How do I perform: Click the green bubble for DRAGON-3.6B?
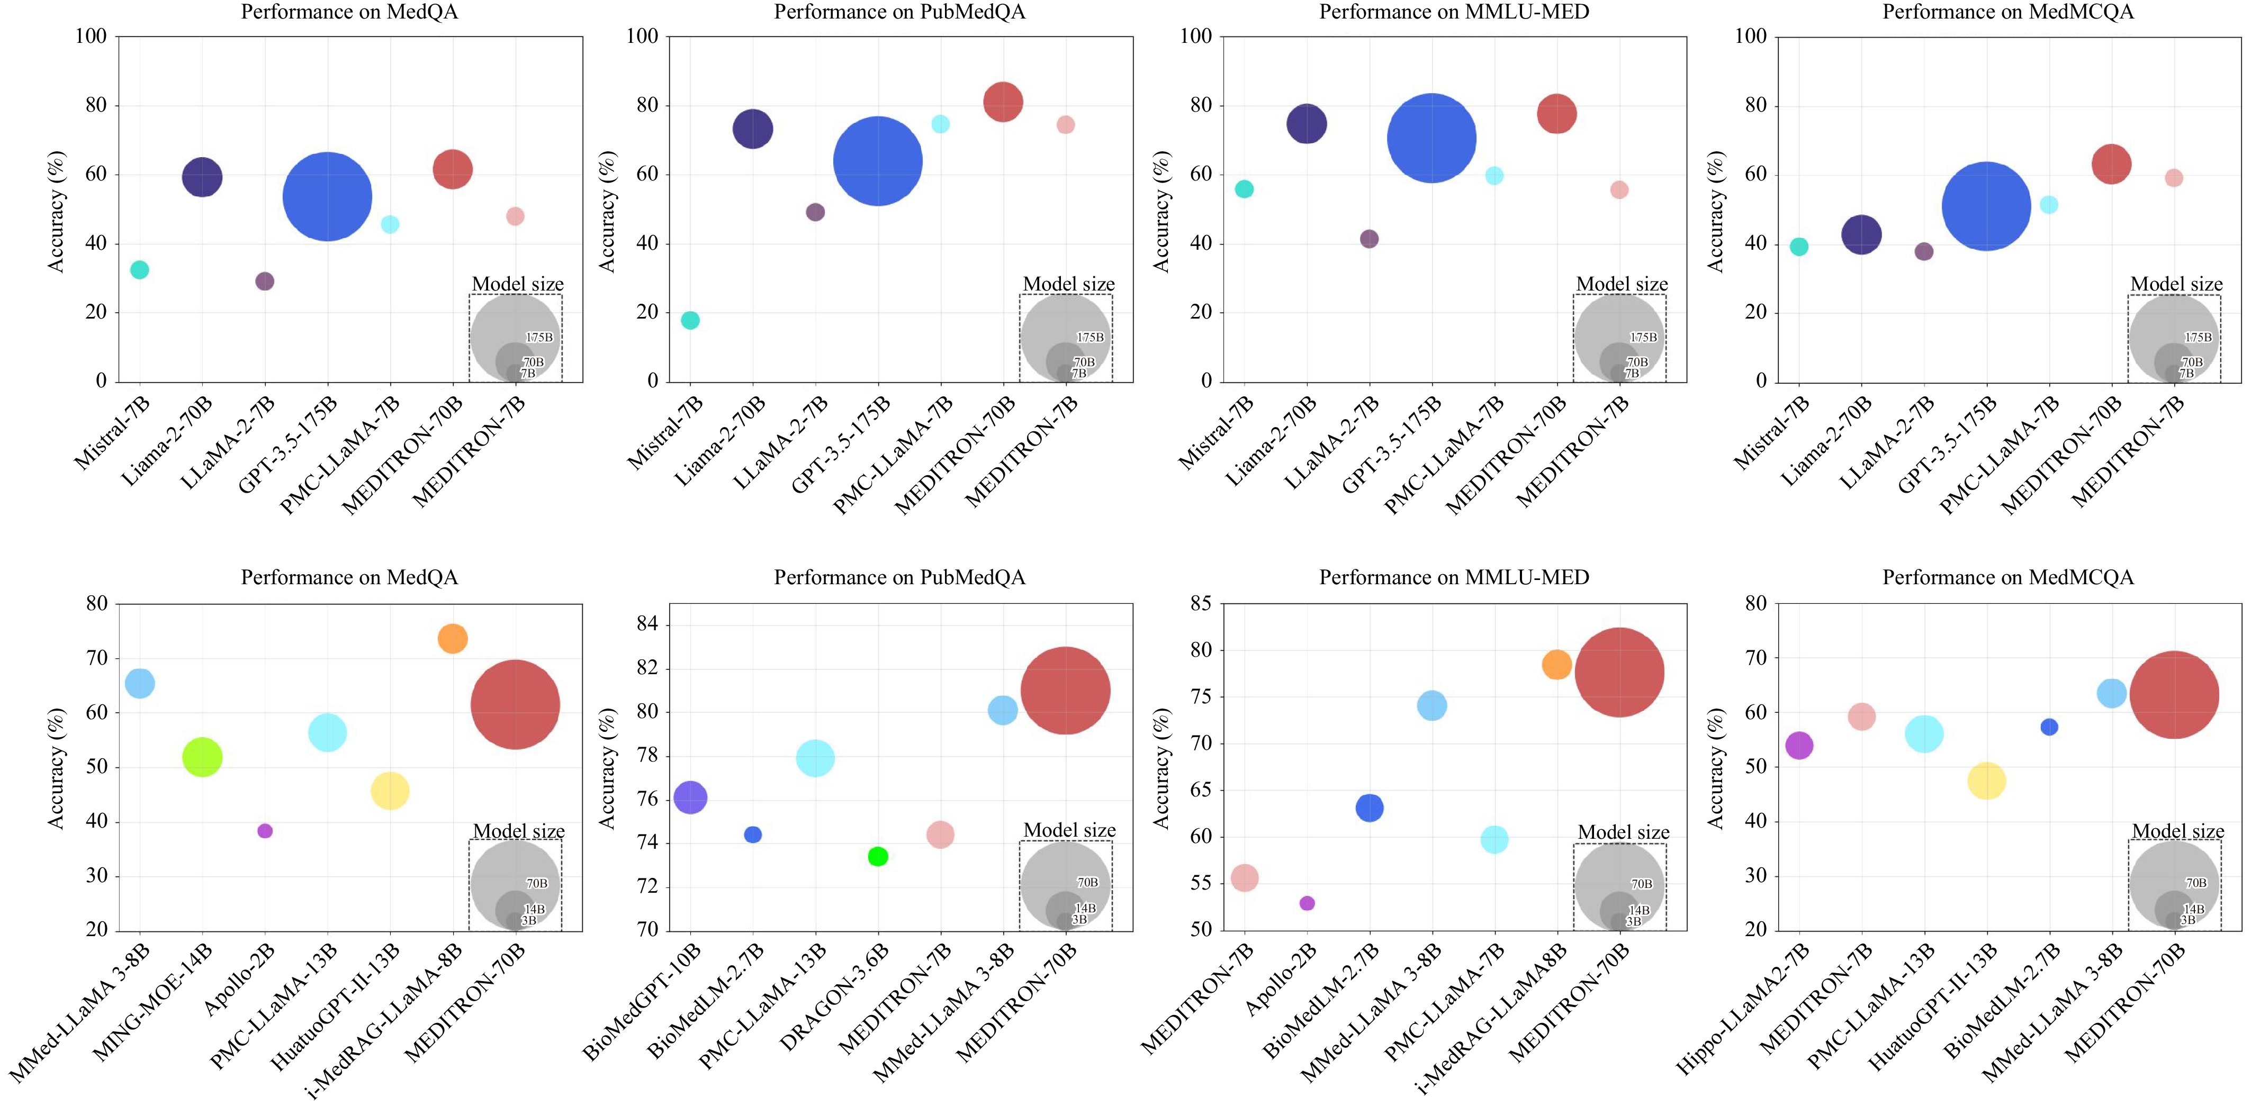877,856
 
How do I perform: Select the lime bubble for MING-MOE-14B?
202,757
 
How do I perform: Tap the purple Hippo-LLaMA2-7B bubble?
1798,745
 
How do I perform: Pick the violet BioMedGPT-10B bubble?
690,797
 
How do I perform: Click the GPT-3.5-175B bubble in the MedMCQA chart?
1986,207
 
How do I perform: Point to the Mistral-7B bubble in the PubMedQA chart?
690,321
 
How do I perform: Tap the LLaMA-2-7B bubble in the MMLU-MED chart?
1370,239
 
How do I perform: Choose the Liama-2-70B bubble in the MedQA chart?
202,177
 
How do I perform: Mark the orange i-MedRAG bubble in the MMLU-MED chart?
1556,665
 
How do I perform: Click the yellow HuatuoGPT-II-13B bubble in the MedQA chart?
390,791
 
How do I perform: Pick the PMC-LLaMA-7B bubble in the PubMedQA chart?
940,124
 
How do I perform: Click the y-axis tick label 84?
647,624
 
